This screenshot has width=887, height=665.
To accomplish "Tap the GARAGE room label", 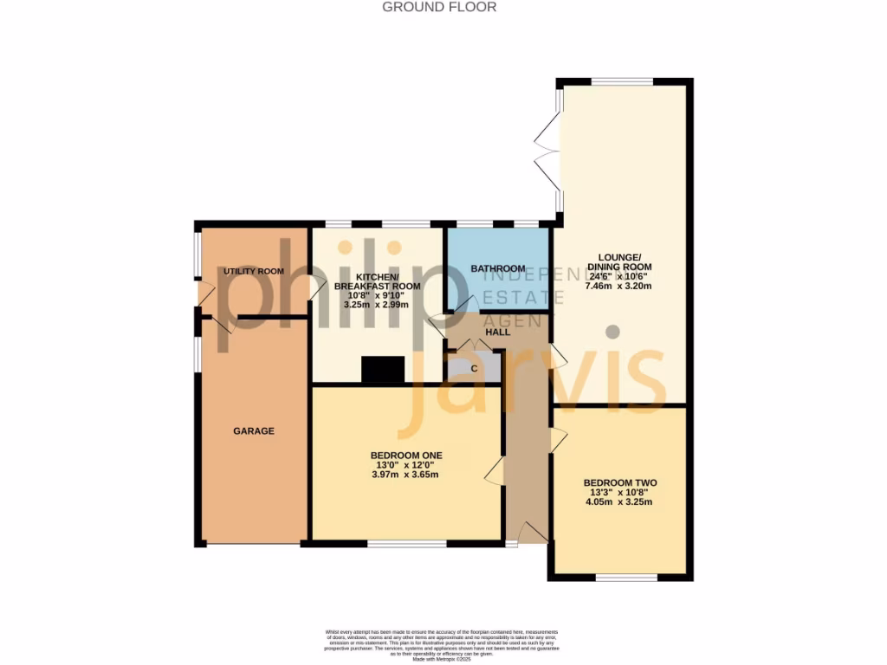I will coord(253,430).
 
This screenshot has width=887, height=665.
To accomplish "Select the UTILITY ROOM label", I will coord(254,271).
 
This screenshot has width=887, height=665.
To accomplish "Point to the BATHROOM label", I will coord(498,268).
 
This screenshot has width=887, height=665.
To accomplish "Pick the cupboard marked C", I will coord(474,368).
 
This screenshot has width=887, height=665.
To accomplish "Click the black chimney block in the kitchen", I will coord(383,370).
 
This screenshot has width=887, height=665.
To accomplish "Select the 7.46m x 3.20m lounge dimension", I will coord(618,286).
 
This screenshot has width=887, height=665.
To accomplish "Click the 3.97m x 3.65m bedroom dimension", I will coord(406,475).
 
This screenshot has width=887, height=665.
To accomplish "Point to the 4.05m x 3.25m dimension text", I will coord(620,501).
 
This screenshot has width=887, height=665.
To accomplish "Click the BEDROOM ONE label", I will coord(406,455).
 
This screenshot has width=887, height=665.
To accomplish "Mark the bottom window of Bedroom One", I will coord(406,544).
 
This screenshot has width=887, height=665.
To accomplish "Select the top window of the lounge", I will coord(622,81).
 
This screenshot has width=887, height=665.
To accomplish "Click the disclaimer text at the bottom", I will coord(443,644).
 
